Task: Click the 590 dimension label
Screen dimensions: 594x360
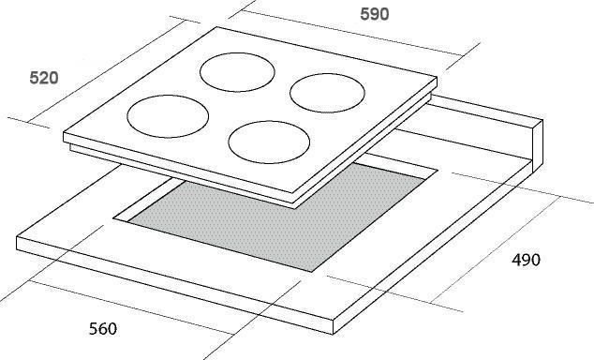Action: coord(374,14)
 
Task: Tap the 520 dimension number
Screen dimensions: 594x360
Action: coord(44,78)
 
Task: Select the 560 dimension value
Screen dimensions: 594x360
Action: coord(103,328)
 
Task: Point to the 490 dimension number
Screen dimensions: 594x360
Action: coord(526,260)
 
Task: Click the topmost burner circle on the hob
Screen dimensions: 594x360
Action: coord(238,53)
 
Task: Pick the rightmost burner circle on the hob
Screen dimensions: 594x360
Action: coord(327,74)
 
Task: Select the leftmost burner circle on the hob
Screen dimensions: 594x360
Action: coord(168,96)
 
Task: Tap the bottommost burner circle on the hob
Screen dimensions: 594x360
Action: coord(269,121)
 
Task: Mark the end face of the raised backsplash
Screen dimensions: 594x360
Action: coord(538,146)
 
